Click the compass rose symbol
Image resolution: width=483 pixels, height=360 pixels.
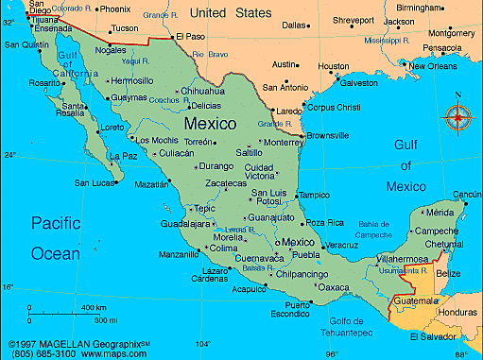pos(458,118)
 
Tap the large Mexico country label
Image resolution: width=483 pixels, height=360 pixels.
pos(211,124)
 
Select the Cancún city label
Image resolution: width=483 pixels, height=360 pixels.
pos(467,195)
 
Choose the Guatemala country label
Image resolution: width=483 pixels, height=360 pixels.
pos(419,300)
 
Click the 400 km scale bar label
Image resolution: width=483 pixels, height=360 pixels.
pos(94,308)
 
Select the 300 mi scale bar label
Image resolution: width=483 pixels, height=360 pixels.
pos(92,323)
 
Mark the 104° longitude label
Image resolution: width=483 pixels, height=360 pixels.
pos(202,344)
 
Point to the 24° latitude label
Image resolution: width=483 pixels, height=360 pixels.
pos(9,154)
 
